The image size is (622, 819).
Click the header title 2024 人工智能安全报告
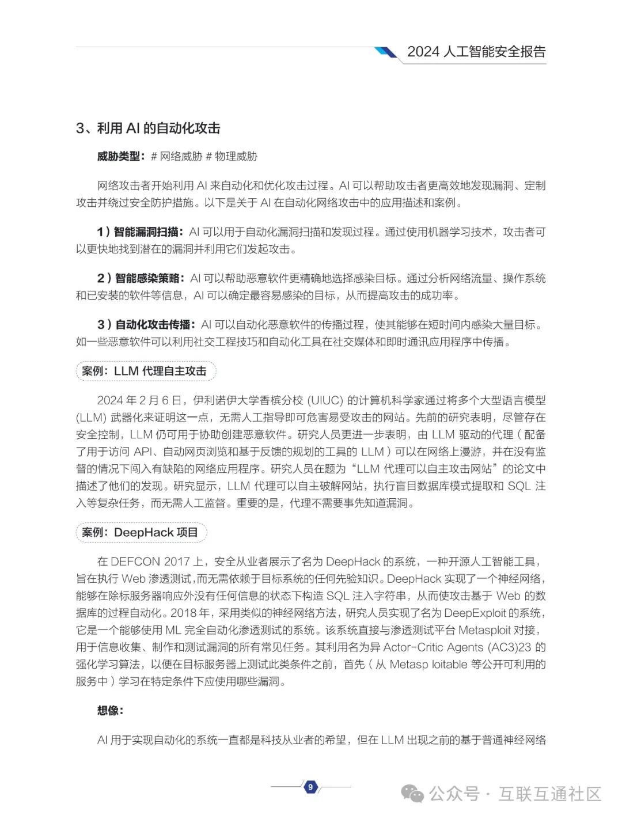pyautogui.click(x=476, y=52)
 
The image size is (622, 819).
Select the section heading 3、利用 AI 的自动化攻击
pyautogui.click(x=148, y=128)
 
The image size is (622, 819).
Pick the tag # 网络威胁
pyautogui.click(x=176, y=156)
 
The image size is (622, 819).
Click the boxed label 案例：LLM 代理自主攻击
pyautogui.click(x=145, y=371)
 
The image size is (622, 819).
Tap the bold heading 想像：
pyautogui.click(x=110, y=711)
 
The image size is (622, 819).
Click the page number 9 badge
pyautogui.click(x=310, y=787)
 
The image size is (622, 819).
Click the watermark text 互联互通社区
pyautogui.click(x=549, y=794)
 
